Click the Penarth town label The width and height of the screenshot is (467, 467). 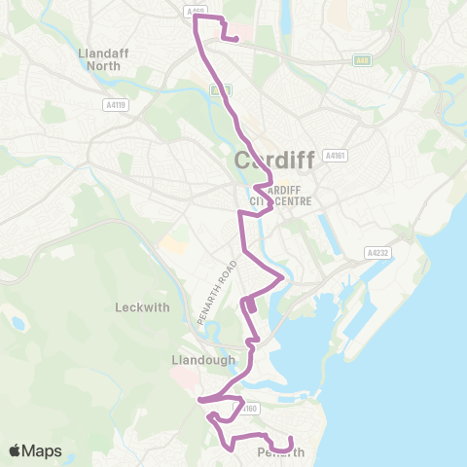coord(280,453)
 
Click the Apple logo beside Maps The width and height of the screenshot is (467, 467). coord(16,450)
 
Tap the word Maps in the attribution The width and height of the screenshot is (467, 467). coord(42,450)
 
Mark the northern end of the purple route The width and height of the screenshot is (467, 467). coord(236,39)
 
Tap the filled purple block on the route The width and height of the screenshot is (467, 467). coord(251,305)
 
